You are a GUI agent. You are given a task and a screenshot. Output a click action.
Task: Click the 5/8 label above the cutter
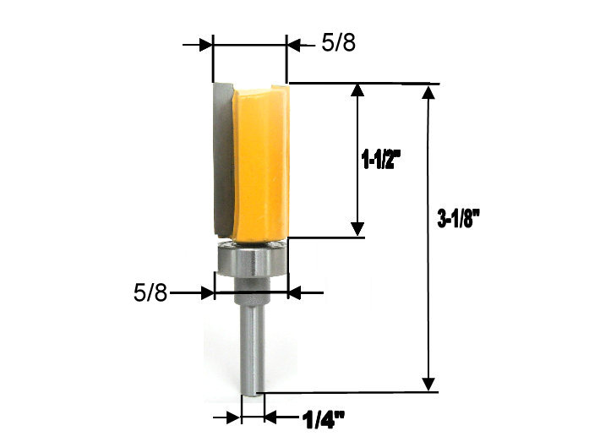click(338, 44)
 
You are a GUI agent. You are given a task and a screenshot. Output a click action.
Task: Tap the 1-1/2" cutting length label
click(381, 159)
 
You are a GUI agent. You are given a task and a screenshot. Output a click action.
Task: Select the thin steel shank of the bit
click(253, 347)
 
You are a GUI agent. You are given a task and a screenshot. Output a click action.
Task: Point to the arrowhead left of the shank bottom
click(234, 417)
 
